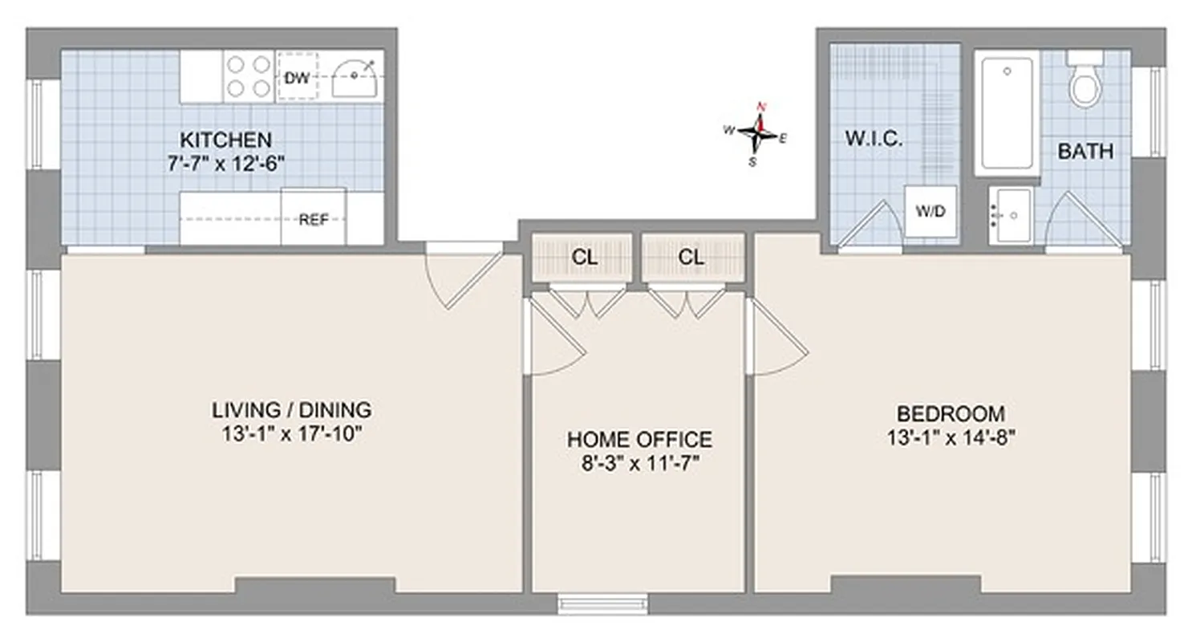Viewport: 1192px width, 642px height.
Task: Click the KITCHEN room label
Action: point(225,139)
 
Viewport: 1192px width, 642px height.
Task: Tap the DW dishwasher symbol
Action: point(296,77)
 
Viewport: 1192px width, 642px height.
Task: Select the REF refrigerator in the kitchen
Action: point(314,218)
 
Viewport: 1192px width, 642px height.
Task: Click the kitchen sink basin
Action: point(354,79)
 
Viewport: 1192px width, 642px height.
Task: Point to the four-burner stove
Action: point(248,76)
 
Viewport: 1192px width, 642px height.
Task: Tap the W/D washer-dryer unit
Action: point(930,212)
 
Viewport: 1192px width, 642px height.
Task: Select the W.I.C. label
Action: point(874,138)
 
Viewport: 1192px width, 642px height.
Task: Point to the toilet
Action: point(1085,82)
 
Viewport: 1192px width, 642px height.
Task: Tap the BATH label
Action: point(1085,151)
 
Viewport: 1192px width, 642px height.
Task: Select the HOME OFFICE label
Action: point(639,439)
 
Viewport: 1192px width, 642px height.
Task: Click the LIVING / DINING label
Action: point(291,409)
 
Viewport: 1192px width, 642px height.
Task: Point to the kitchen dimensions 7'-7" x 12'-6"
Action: point(225,163)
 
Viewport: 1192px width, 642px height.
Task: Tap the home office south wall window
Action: point(602,603)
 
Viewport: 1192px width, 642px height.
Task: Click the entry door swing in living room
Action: point(464,277)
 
